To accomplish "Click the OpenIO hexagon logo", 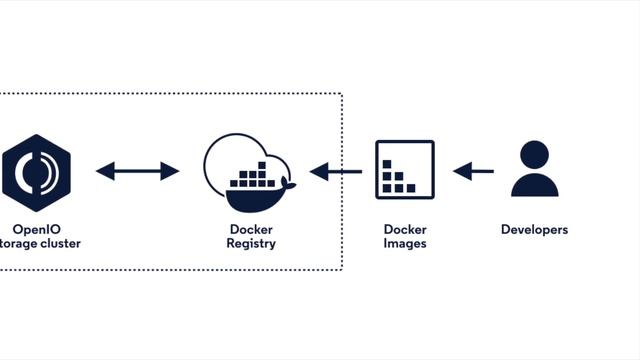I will [36, 171].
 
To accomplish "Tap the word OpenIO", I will [37, 229].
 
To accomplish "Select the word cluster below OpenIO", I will [60, 243].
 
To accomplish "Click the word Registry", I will [251, 243].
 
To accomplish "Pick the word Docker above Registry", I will [251, 229].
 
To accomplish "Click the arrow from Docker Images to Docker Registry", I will [336, 172].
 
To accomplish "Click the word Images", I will [405, 243].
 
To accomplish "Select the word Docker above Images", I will [405, 229].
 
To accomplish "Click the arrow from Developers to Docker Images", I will [473, 172].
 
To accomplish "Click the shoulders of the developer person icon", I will [534, 186].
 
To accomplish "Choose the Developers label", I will [534, 229].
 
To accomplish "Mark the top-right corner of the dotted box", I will [342, 95].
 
